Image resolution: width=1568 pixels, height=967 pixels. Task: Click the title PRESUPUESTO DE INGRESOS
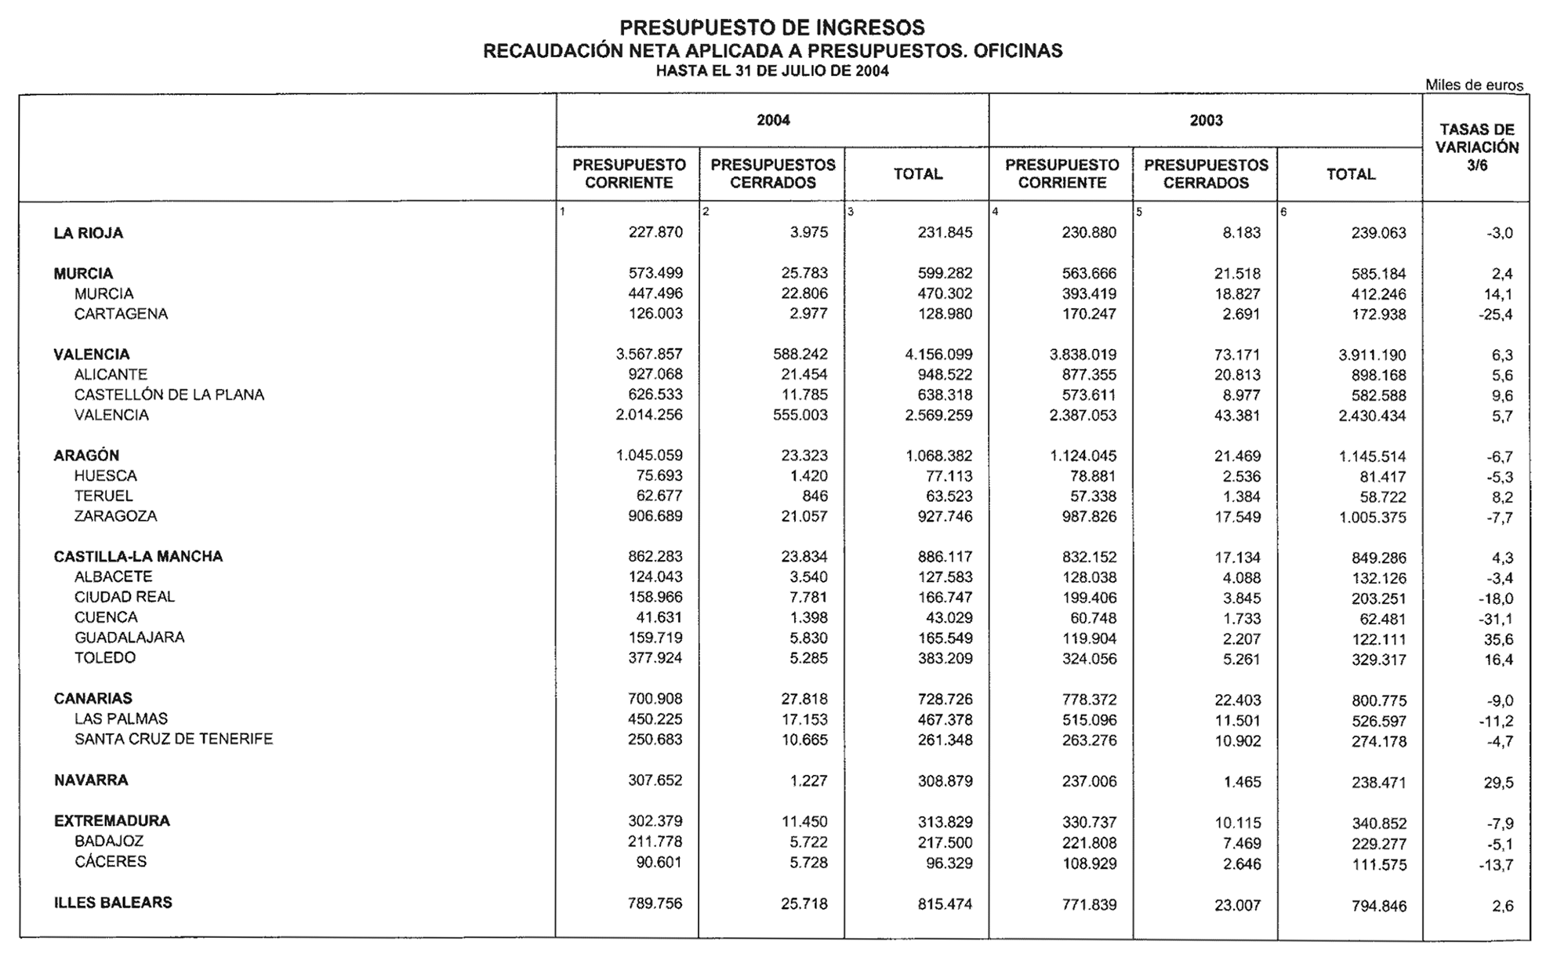(x=772, y=28)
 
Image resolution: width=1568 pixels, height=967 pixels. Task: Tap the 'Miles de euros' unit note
(x=1474, y=85)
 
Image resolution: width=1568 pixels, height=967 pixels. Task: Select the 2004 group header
(x=773, y=120)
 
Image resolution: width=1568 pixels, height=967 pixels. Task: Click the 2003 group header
(x=1206, y=120)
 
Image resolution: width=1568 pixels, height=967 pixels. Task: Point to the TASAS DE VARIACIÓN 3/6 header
(x=1476, y=147)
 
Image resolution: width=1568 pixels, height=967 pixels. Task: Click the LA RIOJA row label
(x=89, y=233)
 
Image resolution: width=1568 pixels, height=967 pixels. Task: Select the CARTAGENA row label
(x=121, y=314)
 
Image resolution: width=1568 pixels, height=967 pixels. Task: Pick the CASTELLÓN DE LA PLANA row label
(x=169, y=394)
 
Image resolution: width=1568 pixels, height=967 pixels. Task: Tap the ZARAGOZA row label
(x=115, y=516)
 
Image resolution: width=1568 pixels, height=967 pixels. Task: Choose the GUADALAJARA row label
(x=129, y=638)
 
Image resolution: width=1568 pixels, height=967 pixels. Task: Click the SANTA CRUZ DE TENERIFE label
(x=173, y=739)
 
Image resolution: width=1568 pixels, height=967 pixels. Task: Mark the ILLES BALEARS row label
(x=113, y=903)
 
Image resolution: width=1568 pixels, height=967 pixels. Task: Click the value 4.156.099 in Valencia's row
(x=938, y=354)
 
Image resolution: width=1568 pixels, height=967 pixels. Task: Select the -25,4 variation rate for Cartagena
(x=1495, y=315)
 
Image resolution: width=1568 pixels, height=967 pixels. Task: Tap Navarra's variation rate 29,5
(x=1498, y=783)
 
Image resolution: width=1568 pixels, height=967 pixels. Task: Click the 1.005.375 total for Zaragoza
(x=1372, y=518)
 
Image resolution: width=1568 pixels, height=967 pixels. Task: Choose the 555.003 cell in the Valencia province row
(x=800, y=415)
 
